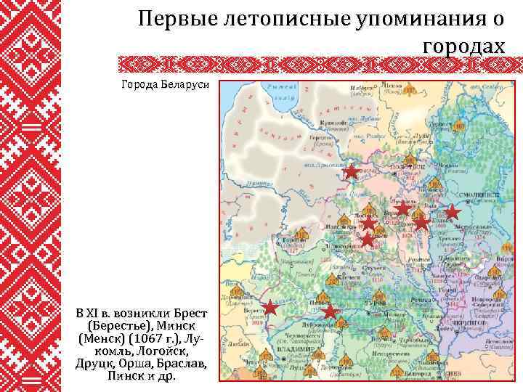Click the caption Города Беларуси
pos(166,84)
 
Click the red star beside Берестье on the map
pos(270,307)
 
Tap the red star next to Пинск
pos(331,311)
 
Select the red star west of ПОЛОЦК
pos(352,172)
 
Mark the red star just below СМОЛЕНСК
pos(452,212)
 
